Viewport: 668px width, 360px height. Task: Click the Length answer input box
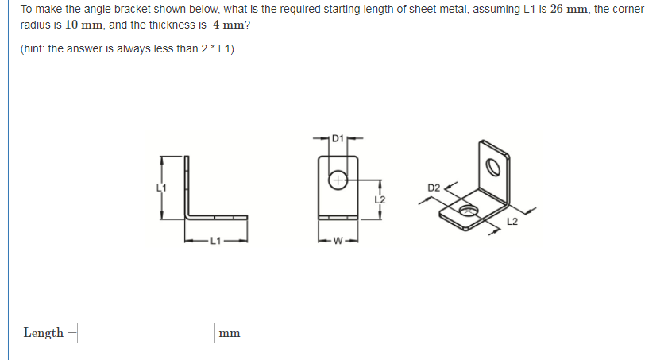coord(146,333)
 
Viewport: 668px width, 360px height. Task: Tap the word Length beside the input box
coord(44,333)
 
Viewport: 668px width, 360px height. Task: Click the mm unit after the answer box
coord(230,334)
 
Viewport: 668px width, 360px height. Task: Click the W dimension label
coord(338,241)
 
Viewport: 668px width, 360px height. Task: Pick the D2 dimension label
coord(434,188)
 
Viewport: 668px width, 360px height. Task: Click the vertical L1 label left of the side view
coord(162,188)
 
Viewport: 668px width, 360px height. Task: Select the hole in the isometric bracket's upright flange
coord(492,167)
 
